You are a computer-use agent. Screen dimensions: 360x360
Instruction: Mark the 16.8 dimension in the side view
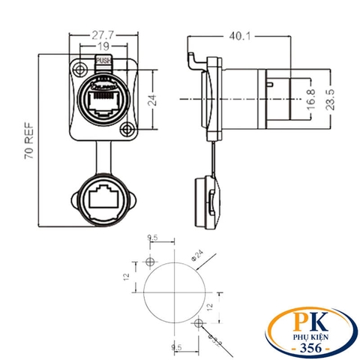(311, 97)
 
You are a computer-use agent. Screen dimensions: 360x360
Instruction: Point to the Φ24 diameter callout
(198, 256)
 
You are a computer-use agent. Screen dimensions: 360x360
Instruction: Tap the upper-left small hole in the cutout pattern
(150, 262)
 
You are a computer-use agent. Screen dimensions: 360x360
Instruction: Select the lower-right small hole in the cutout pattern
(198, 323)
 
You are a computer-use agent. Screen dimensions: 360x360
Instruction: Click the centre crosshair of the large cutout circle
(174, 292)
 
